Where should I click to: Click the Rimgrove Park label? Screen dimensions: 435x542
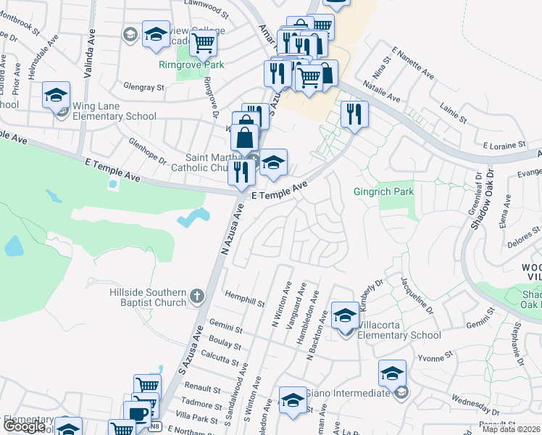(x=192, y=65)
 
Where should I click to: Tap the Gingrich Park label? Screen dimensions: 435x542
(x=383, y=192)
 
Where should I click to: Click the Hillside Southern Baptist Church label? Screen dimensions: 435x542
(x=147, y=297)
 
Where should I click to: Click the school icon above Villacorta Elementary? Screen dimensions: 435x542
(x=346, y=315)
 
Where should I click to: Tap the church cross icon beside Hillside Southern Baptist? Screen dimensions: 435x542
(x=197, y=296)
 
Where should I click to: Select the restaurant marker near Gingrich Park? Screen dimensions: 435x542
(x=354, y=115)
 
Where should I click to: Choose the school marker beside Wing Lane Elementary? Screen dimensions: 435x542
(x=56, y=95)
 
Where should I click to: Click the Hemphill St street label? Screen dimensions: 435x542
(x=244, y=299)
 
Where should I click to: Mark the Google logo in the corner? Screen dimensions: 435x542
(x=25, y=426)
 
